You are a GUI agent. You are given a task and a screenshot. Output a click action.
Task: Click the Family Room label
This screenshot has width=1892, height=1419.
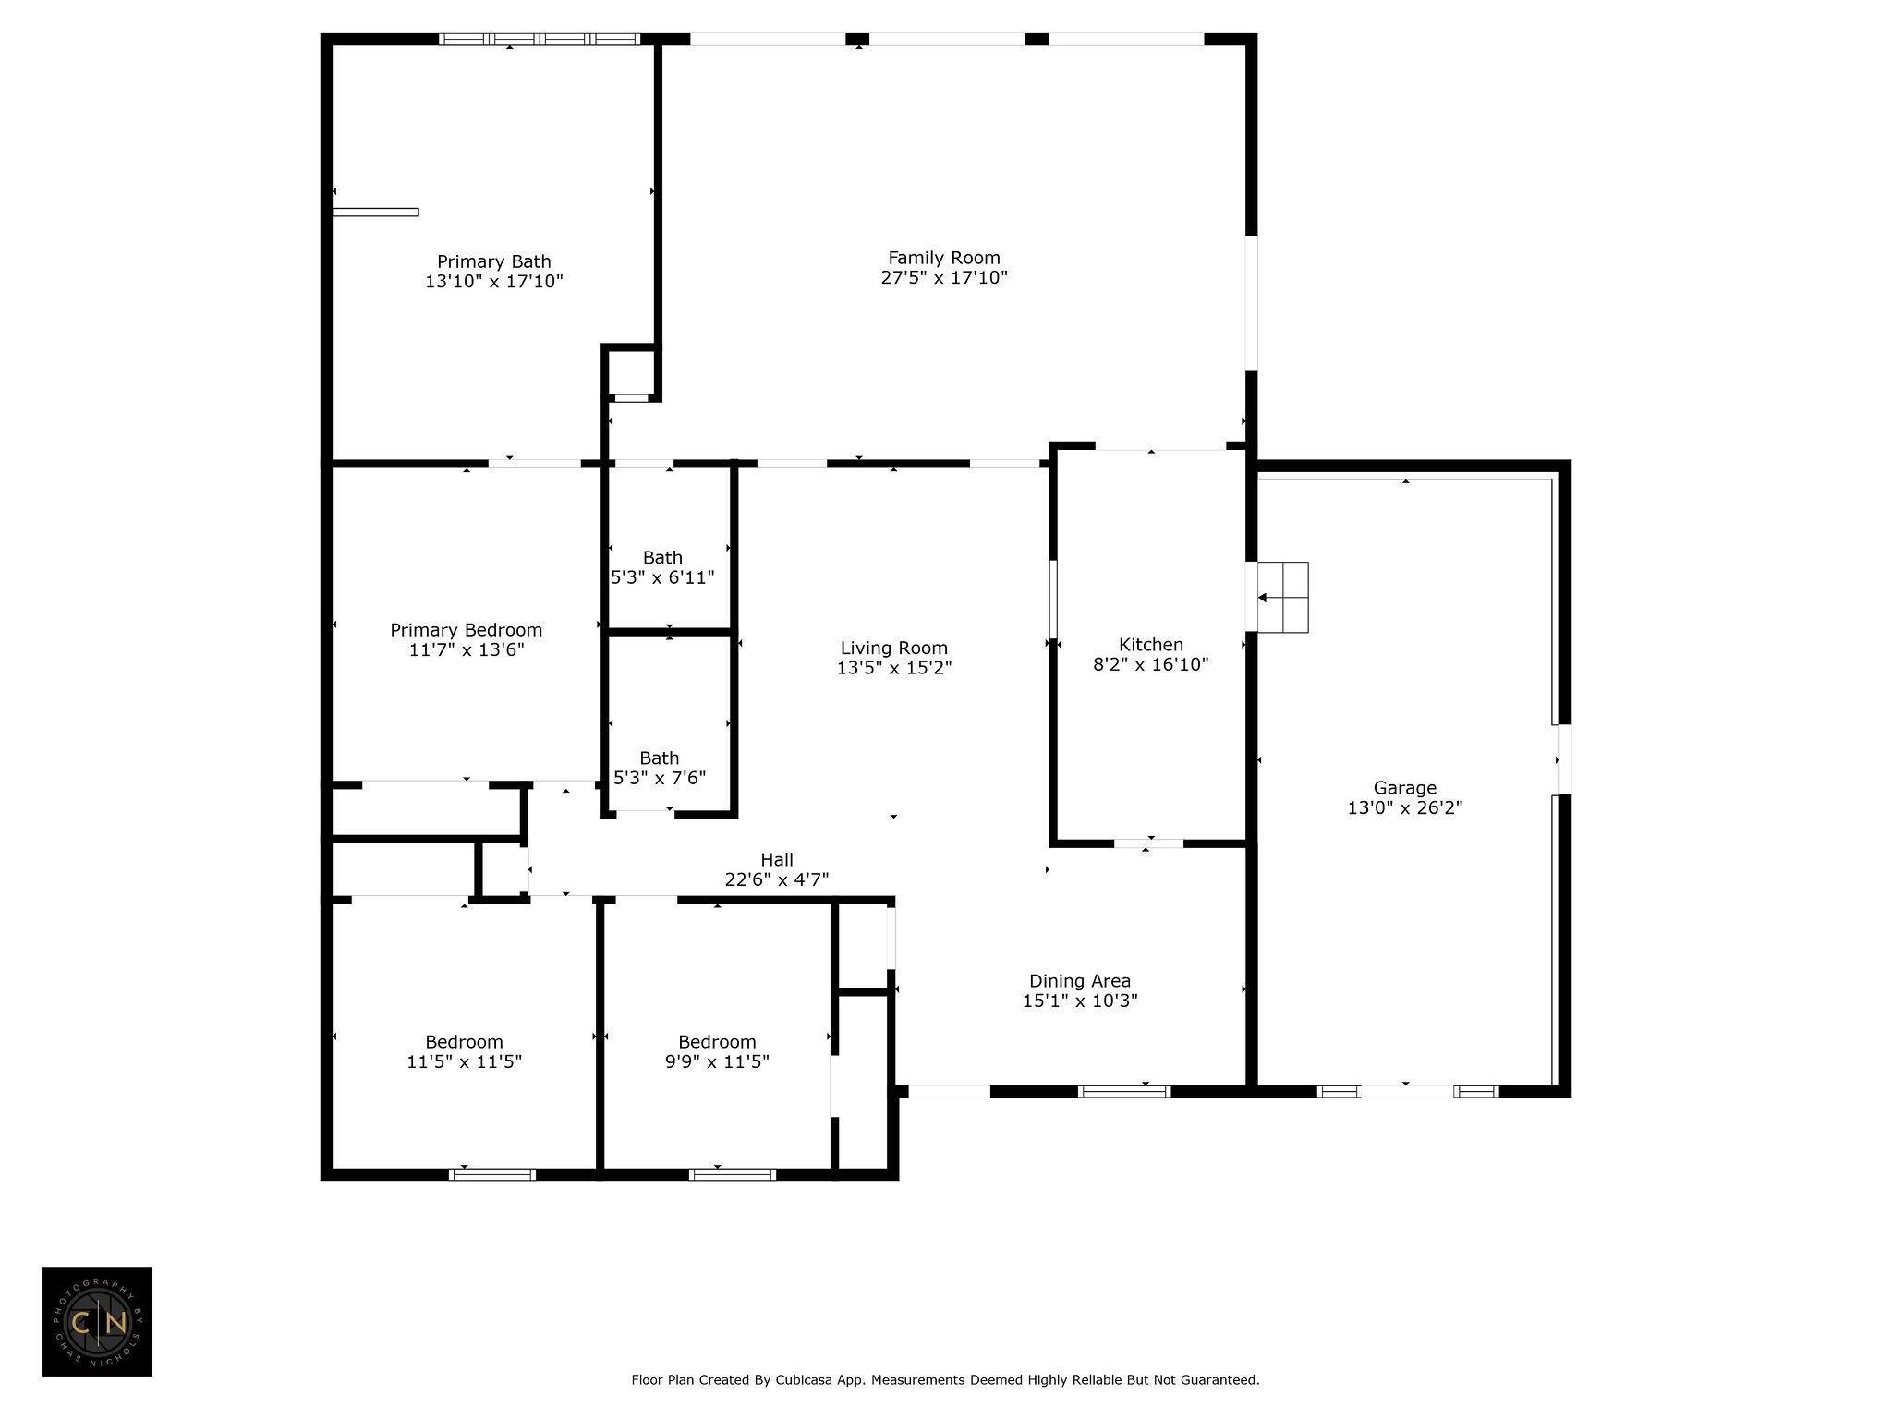(943, 258)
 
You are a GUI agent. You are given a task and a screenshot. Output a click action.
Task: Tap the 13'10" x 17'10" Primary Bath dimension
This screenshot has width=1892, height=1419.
(493, 282)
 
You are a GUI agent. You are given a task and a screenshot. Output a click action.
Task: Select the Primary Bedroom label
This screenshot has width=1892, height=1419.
(466, 630)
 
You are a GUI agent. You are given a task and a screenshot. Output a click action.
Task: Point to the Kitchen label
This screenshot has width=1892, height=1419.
(1150, 645)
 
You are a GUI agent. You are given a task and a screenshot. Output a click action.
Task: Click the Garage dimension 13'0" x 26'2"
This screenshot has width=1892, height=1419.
(1404, 808)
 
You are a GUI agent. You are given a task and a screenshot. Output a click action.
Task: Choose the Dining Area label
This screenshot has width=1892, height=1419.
(1079, 981)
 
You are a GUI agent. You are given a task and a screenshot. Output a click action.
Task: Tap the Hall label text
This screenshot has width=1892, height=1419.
(777, 860)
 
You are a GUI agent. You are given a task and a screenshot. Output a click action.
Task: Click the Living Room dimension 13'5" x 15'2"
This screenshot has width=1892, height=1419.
(893, 668)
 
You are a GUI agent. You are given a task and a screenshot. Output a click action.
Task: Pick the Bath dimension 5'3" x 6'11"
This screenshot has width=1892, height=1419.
(662, 578)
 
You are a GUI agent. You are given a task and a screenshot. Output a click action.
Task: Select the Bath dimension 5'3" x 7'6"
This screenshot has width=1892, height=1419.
(660, 779)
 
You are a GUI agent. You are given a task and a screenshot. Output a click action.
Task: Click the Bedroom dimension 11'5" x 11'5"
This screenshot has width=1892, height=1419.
(464, 1062)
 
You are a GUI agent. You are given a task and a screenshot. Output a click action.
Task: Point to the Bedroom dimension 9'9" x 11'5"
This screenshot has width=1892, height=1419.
(717, 1062)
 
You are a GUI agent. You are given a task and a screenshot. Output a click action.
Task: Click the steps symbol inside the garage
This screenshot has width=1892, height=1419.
(1283, 598)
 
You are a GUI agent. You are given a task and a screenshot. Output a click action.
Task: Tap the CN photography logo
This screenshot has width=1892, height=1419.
(97, 1322)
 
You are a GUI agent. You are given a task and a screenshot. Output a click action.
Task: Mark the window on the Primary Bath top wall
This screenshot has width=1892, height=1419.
(539, 40)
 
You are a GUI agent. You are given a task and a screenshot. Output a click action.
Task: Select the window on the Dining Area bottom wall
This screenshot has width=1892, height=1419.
(1124, 1092)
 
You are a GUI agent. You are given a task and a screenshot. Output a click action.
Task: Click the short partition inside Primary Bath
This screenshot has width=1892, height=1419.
(375, 212)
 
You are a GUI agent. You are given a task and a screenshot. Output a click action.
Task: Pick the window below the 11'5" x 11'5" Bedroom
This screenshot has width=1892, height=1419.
(491, 1175)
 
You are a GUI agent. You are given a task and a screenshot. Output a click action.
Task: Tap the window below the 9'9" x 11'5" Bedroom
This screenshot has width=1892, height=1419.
(732, 1175)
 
